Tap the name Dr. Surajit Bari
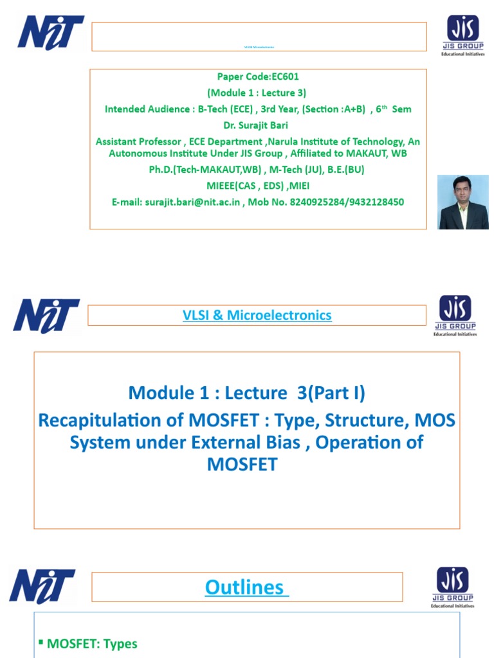tap(257, 125)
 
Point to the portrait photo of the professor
tap(463, 202)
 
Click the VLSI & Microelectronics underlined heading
tap(257, 315)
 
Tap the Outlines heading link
tap(247, 587)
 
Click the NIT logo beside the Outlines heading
tap(42, 586)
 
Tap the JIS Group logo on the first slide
tap(462, 36)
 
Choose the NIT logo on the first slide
tap(51, 32)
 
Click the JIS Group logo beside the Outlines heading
tap(453, 587)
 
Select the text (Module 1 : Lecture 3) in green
tap(257, 94)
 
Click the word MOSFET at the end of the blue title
tap(242, 464)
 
